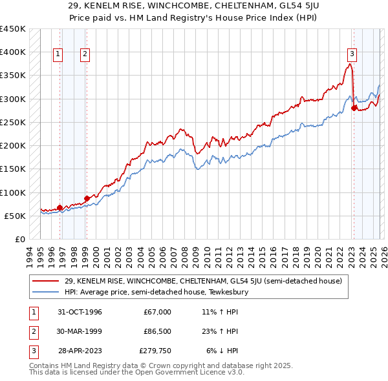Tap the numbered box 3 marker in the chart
[x=352, y=54]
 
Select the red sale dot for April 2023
[x=354, y=108]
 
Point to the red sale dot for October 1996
[x=60, y=207]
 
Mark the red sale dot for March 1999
[x=87, y=198]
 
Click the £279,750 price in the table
[x=155, y=351]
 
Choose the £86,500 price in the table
[x=157, y=331]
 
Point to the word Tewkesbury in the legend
[x=230, y=292]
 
